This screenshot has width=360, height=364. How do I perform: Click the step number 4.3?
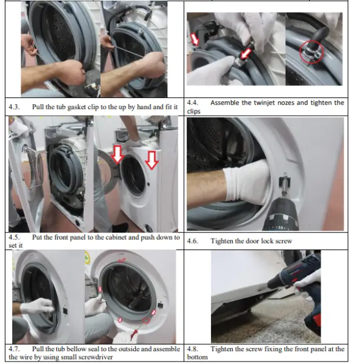14,107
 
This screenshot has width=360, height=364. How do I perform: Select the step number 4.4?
193,102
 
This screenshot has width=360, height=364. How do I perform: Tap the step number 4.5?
14,237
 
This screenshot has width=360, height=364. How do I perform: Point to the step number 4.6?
193,241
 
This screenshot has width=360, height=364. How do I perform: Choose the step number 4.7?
14,349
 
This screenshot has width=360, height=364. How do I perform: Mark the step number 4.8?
193,349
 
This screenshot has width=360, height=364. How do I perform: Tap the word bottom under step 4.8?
198,357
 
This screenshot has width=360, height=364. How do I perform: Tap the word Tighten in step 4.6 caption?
223,241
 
